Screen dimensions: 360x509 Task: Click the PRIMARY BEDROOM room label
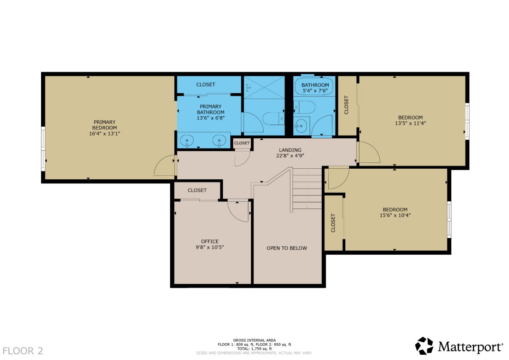[105, 125]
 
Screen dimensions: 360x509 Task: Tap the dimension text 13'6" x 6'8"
[211, 118]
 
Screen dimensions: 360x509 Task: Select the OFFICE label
[210, 242]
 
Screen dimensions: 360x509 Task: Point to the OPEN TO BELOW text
[287, 248]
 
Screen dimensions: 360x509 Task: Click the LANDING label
[290, 150]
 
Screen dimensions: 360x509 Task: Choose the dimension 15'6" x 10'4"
[395, 215]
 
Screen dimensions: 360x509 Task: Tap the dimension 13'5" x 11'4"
[410, 123]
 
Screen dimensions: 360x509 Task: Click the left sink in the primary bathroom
[187, 141]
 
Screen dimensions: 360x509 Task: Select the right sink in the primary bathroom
[219, 141]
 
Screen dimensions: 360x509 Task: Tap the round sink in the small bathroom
[300, 126]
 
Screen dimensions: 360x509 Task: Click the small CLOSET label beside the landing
[242, 143]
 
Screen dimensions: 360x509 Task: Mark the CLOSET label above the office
[197, 190]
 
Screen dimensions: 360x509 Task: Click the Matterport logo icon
[424, 346]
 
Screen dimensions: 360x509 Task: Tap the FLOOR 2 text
[23, 351]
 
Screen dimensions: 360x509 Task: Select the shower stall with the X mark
[264, 87]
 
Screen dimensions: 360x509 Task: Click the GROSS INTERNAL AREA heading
[254, 340]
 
